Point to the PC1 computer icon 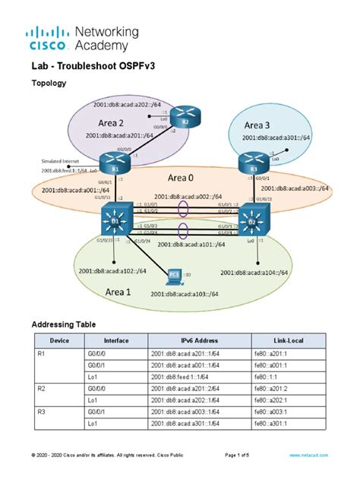[175, 274]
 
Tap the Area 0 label [182, 178]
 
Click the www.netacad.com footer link [308, 453]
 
